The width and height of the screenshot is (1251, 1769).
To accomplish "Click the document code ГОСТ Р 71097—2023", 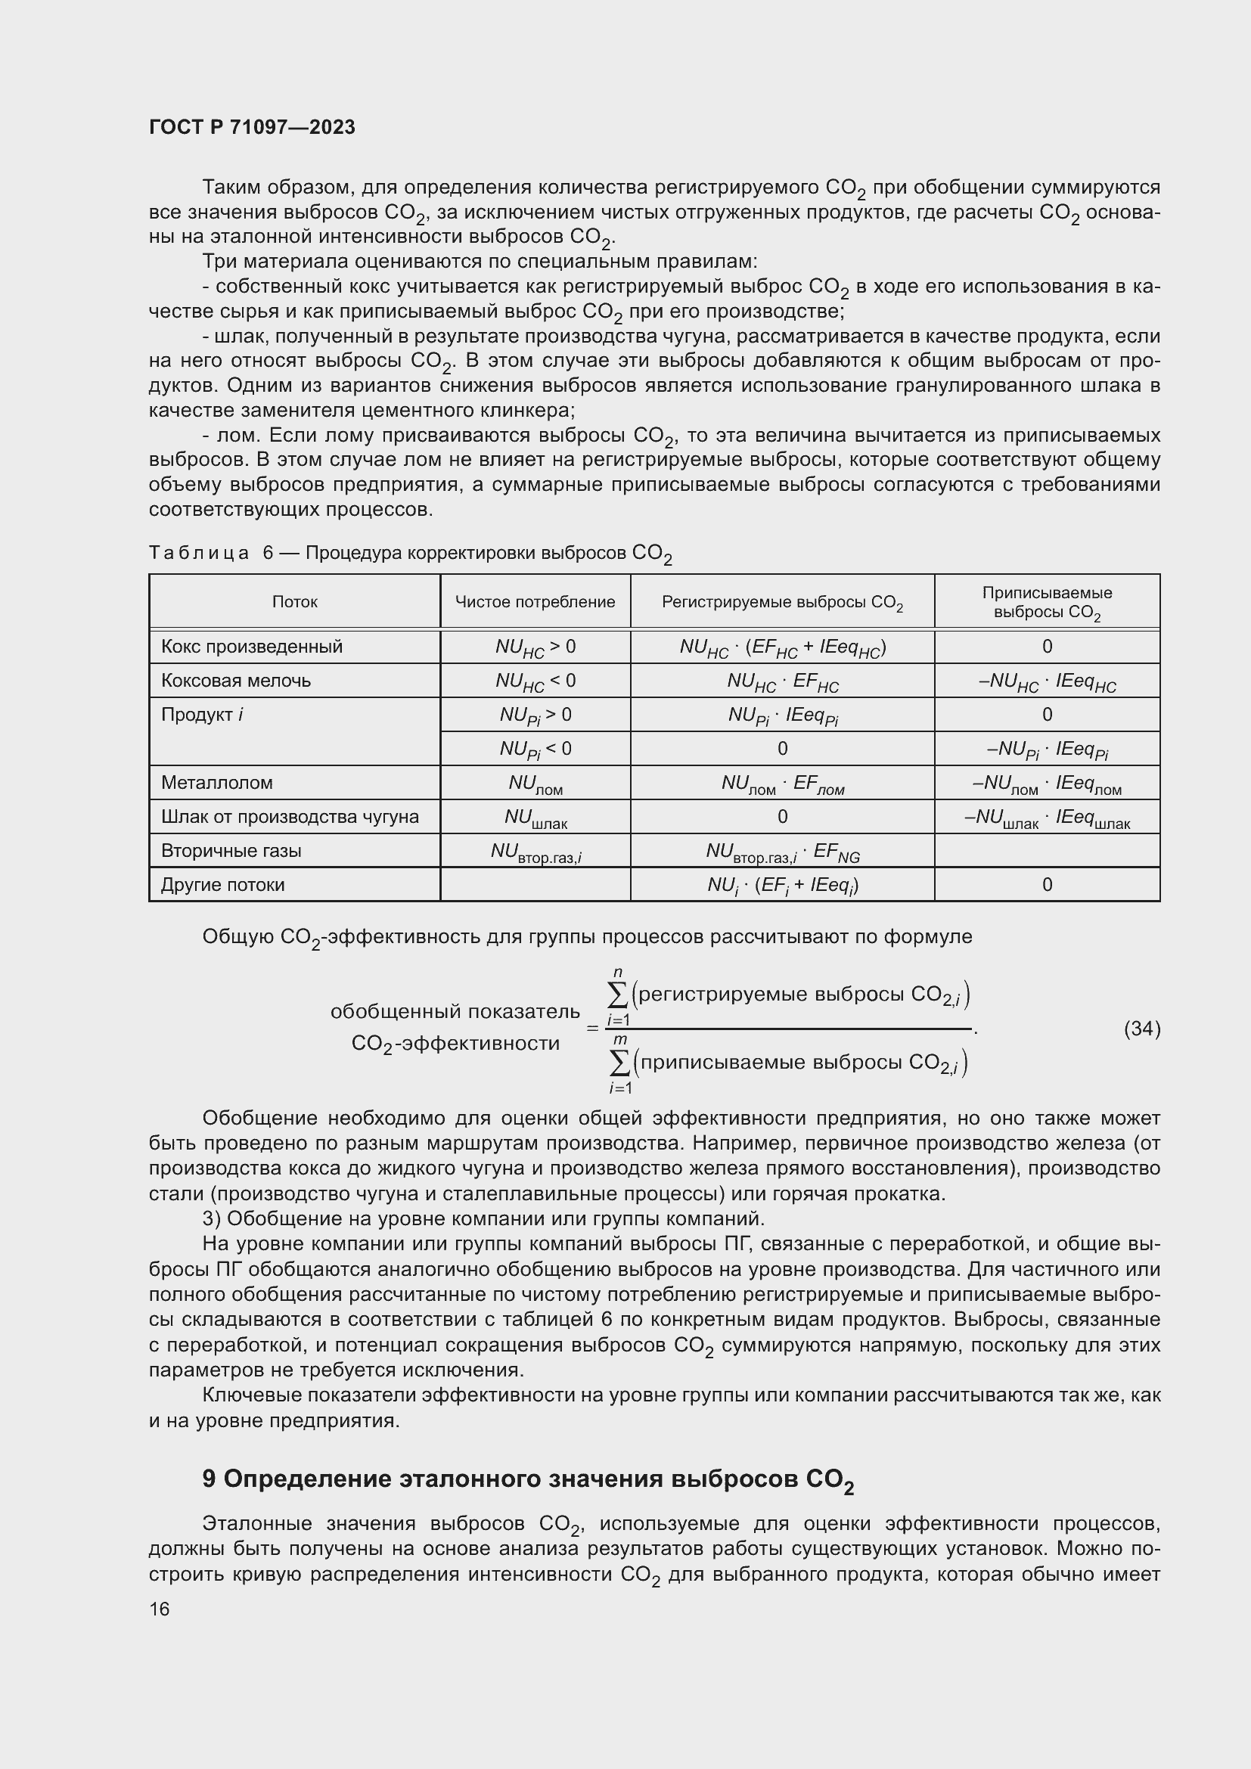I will click(x=252, y=127).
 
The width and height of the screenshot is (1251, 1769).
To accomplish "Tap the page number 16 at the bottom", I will click(x=160, y=1609).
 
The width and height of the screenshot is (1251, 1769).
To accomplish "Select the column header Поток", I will click(x=294, y=602).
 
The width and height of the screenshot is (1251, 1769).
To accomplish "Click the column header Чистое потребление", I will click(x=535, y=602).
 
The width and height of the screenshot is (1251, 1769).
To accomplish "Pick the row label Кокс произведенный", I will click(x=251, y=647).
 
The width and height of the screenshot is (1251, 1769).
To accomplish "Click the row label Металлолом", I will click(x=216, y=783).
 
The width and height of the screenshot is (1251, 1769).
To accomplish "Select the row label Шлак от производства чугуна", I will click(x=290, y=817).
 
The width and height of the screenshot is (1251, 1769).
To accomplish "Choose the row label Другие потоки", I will click(x=222, y=885).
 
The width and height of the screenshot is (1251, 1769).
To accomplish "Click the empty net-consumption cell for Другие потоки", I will click(x=535, y=885).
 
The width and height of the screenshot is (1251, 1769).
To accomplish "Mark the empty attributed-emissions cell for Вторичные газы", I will click(x=1046, y=851).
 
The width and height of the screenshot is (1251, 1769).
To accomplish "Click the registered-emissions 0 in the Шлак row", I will click(x=782, y=817).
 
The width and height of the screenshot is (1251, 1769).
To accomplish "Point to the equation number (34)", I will click(x=1141, y=1029).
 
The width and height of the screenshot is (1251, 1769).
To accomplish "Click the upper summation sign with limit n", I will click(x=618, y=995).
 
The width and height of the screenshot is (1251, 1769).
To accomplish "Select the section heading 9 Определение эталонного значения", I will click(x=528, y=1479).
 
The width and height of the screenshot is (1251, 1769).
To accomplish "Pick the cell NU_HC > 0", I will click(x=535, y=647).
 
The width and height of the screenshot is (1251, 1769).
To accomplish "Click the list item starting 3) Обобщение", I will click(x=483, y=1219).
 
